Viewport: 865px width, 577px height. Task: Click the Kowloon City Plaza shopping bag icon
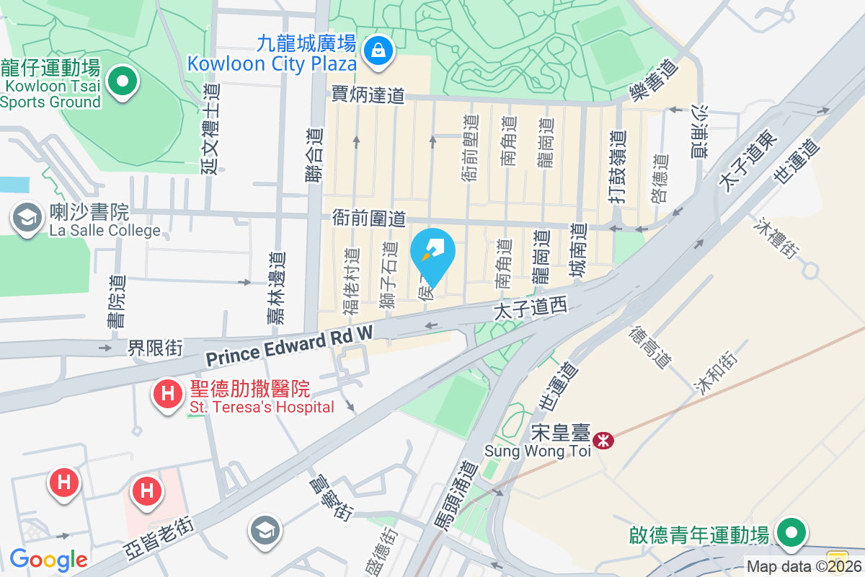click(x=377, y=50)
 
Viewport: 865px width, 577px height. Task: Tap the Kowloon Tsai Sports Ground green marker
click(x=123, y=82)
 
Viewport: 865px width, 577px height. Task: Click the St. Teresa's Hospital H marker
click(x=168, y=395)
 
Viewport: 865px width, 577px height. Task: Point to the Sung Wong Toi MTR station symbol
click(x=603, y=439)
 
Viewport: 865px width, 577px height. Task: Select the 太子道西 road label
click(x=530, y=309)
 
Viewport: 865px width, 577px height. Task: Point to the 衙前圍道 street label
click(x=369, y=217)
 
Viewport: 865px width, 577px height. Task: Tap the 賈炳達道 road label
click(x=368, y=94)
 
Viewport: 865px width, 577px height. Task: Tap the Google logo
click(x=48, y=559)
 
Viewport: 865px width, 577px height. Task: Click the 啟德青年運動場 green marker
click(x=791, y=534)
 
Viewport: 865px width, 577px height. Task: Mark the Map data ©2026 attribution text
click(x=803, y=567)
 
